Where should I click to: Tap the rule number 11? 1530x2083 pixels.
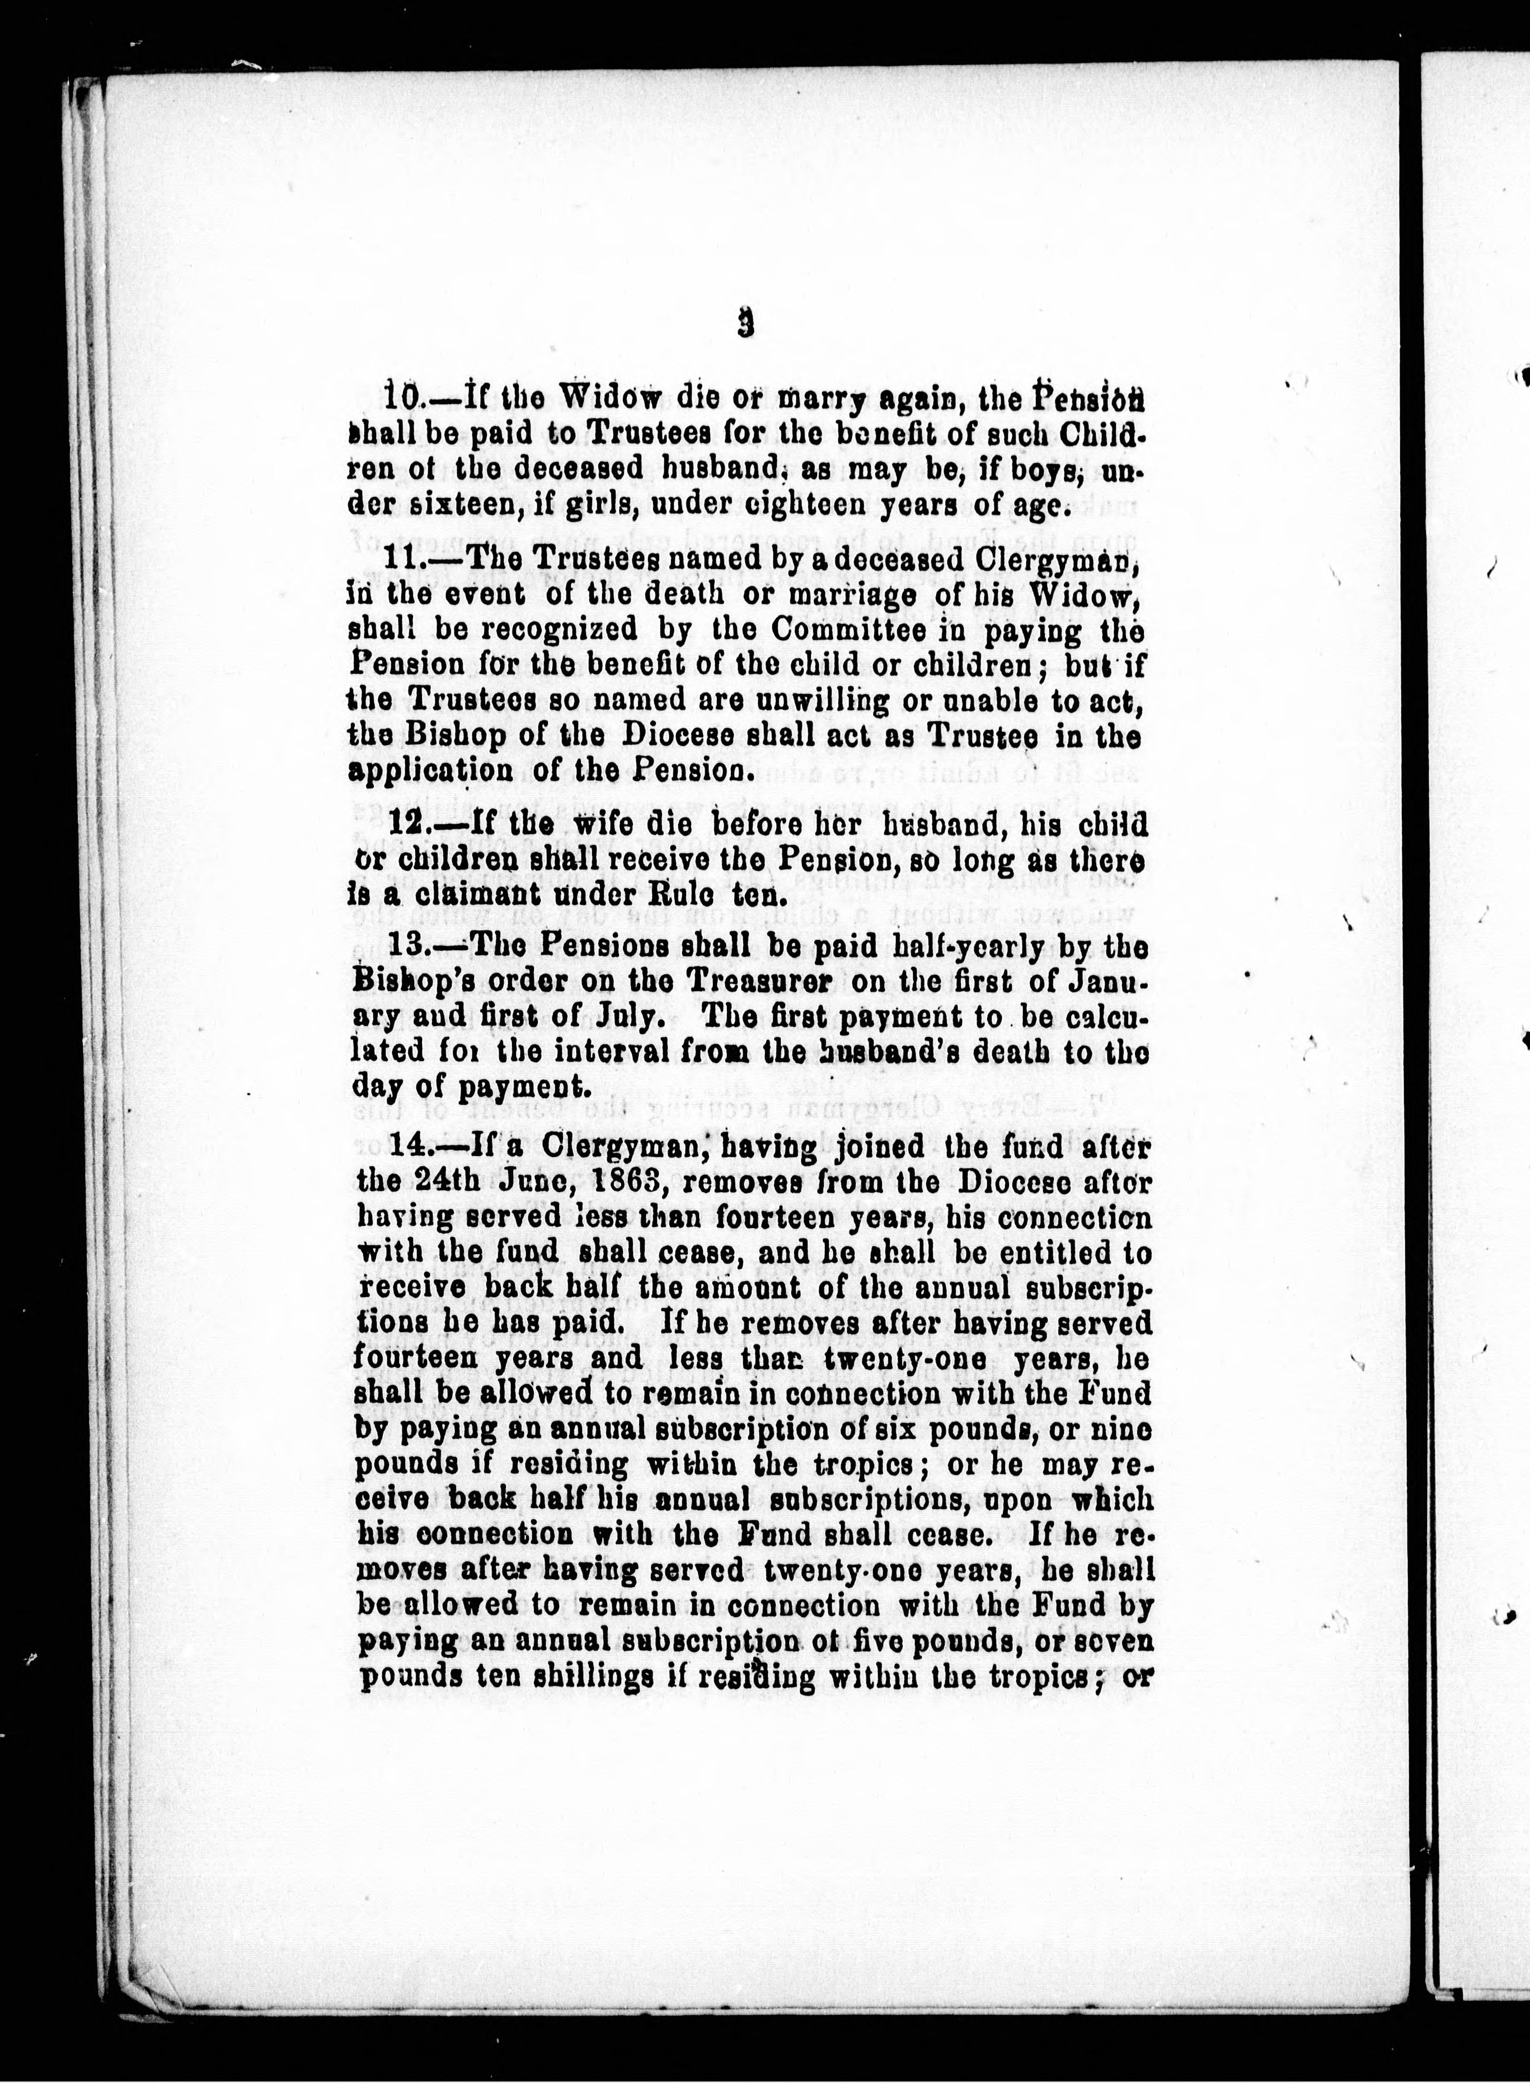point(398,560)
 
